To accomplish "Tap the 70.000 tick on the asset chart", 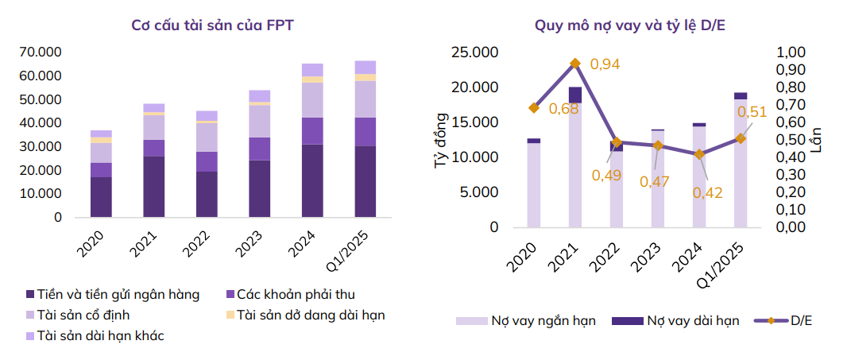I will pyautogui.click(x=41, y=52).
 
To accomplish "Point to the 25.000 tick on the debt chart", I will pyautogui.click(x=474, y=53).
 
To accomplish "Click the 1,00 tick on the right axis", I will pyautogui.click(x=791, y=53).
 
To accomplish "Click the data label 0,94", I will pyautogui.click(x=605, y=64).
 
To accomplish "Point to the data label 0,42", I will pyautogui.click(x=707, y=192).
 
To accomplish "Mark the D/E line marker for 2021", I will pyautogui.click(x=575, y=63).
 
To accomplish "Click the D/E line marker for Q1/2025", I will pyautogui.click(x=741, y=138).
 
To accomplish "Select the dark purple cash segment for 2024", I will pyautogui.click(x=312, y=180).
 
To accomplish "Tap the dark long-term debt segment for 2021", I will pyautogui.click(x=575, y=95).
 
